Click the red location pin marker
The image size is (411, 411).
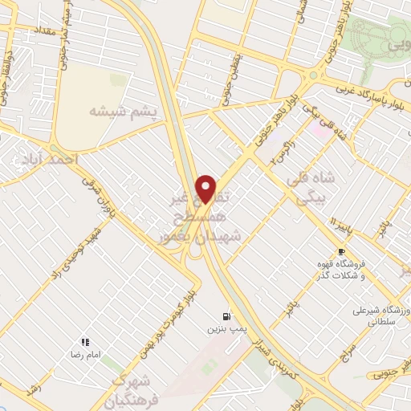(x=205, y=189)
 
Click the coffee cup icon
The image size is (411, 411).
(x=341, y=251)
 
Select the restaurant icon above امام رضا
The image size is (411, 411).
(x=85, y=342)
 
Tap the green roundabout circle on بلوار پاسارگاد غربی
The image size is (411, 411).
(x=309, y=75)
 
